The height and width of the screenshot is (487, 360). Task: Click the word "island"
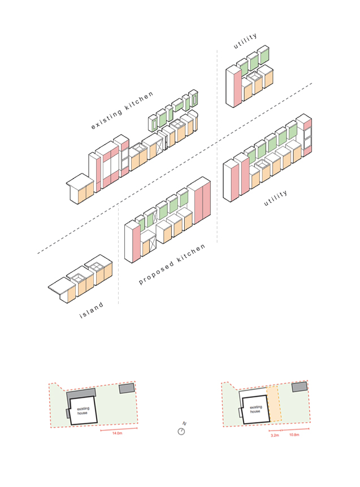point(91,311)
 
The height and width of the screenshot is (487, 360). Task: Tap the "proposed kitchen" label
point(172,264)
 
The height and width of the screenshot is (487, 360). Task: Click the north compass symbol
point(181,431)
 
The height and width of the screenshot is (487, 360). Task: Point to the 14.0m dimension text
point(118,433)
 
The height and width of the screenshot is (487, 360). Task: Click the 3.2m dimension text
point(275,436)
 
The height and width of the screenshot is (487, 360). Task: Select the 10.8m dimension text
point(294,436)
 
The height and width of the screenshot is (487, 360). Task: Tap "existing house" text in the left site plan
point(84,409)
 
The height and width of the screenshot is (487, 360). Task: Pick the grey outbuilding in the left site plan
point(127,389)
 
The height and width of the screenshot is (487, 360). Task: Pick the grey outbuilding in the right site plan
point(299,387)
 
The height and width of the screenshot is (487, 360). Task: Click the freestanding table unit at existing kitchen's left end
point(80,189)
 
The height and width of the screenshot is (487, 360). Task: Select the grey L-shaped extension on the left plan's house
point(77,395)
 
